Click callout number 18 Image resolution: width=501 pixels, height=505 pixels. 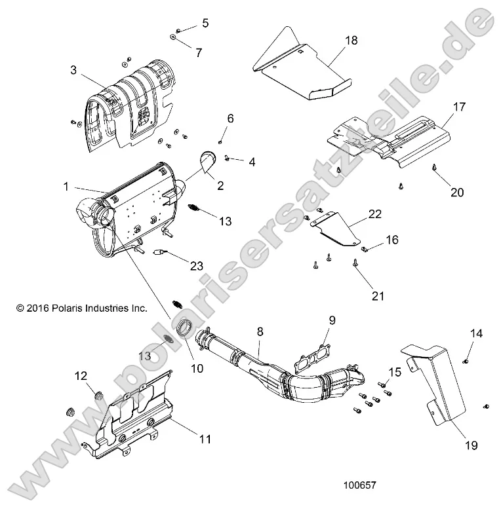point(351,41)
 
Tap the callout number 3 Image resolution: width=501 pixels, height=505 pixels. point(74,69)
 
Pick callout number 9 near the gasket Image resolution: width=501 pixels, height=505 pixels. point(332,320)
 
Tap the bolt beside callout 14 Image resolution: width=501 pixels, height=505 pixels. point(466,360)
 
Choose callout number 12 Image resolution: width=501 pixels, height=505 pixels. point(81,376)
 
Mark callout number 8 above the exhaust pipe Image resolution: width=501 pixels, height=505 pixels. point(260,332)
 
